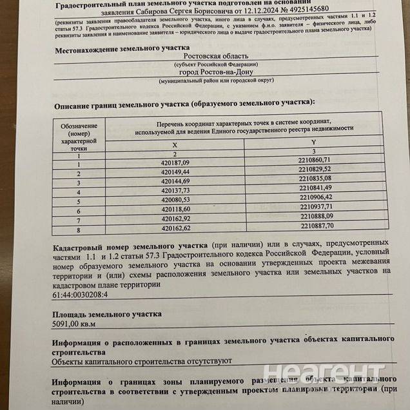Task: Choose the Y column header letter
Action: (x=313, y=141)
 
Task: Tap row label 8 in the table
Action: (x=79, y=229)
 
